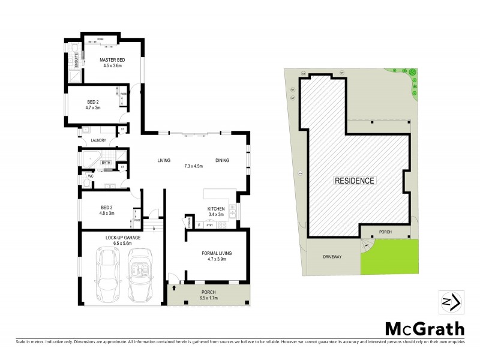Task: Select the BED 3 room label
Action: pos(106,208)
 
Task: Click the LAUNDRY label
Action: pos(98,141)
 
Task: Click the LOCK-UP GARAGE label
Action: pos(123,238)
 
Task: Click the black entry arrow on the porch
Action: pos(175,289)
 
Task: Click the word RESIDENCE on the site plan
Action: pos(355,181)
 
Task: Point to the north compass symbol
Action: pos(451,302)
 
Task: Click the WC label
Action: pos(90,176)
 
